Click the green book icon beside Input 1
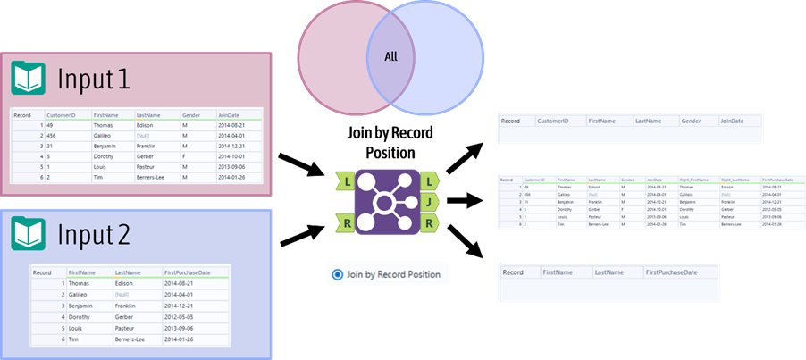(28, 79)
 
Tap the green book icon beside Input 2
(28, 234)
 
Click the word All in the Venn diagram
(390, 57)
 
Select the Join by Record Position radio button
(337, 274)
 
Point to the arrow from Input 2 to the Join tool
(301, 234)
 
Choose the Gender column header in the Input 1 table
(191, 115)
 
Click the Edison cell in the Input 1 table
(147, 126)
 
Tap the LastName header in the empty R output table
(607, 271)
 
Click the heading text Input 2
(94, 234)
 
